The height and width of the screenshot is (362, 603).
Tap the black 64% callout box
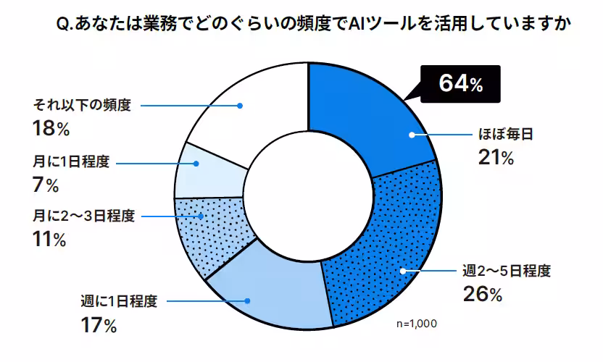pyautogui.click(x=460, y=83)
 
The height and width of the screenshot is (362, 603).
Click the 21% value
pyautogui.click(x=496, y=158)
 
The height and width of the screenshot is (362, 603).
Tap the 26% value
pyautogui.click(x=482, y=295)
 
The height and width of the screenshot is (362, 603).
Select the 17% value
pyautogui.click(x=99, y=325)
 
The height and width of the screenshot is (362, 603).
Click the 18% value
pyautogui.click(x=50, y=129)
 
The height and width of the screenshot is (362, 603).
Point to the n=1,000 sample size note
pyautogui.click(x=417, y=324)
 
